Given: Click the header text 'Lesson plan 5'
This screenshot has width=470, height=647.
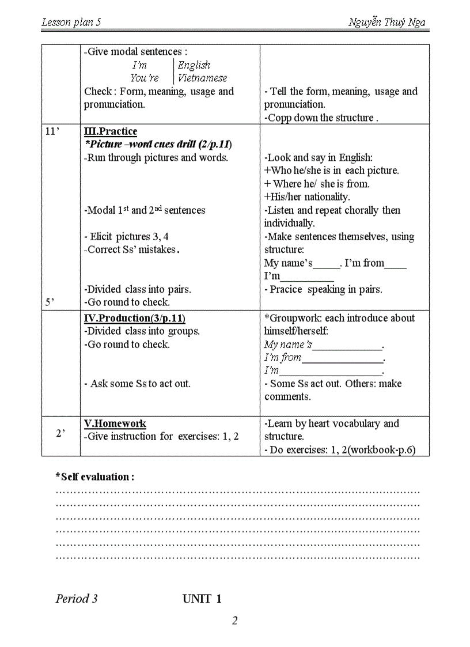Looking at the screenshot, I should pyautogui.click(x=72, y=22).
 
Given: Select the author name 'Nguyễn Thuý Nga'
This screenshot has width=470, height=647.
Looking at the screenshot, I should pyautogui.click(x=387, y=22).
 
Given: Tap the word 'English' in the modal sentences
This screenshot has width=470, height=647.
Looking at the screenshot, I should pyautogui.click(x=194, y=65).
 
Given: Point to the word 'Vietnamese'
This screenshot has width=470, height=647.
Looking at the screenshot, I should pyautogui.click(x=202, y=78).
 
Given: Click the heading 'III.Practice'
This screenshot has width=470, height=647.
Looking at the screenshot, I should pyautogui.click(x=111, y=131).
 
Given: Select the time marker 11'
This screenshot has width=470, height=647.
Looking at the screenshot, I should pyautogui.click(x=52, y=131).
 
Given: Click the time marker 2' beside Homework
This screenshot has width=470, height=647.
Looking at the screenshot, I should pyautogui.click(x=60, y=433).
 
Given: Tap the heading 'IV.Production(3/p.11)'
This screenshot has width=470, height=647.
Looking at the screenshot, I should pyautogui.click(x=135, y=318).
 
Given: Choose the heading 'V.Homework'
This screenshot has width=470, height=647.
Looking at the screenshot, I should pyautogui.click(x=115, y=423).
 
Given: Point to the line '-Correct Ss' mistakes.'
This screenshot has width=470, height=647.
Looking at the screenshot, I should pyautogui.click(x=132, y=250).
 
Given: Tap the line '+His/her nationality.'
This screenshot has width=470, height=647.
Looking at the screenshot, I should pyautogui.click(x=307, y=197).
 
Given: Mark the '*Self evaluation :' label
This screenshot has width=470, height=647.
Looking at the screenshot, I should pyautogui.click(x=95, y=477).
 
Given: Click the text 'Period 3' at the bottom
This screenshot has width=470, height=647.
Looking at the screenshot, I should pyautogui.click(x=77, y=599).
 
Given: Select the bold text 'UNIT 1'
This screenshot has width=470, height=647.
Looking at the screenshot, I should pyautogui.click(x=202, y=599).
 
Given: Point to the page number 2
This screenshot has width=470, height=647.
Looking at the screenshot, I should pyautogui.click(x=234, y=620).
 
